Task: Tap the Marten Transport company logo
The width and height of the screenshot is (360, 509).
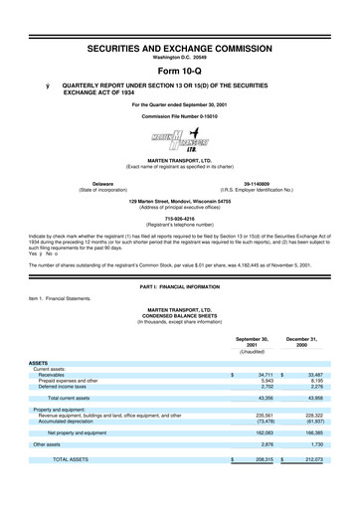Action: click(x=180, y=127)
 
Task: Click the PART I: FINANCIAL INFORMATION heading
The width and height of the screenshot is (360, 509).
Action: click(x=180, y=287)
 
